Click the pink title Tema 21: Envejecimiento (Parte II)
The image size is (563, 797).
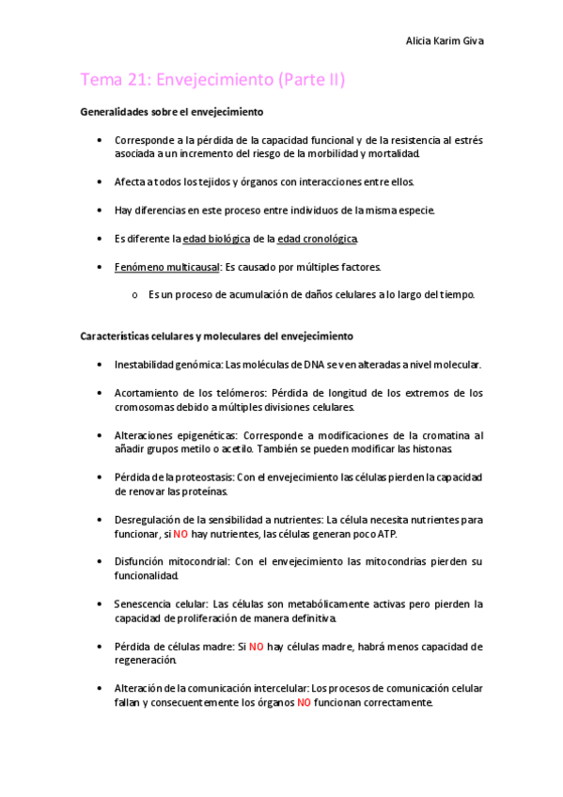pyautogui.click(x=213, y=80)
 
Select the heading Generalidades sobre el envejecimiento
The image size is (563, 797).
pyautogui.click(x=172, y=112)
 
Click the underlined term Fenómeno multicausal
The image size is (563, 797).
pyautogui.click(x=166, y=267)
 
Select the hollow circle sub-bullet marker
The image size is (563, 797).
pyautogui.click(x=135, y=295)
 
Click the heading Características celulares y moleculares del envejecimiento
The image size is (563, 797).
pyautogui.click(x=216, y=336)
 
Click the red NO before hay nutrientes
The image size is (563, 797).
pyautogui.click(x=180, y=534)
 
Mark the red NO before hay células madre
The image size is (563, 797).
pyautogui.click(x=257, y=647)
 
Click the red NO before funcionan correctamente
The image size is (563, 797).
pyautogui.click(x=305, y=703)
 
